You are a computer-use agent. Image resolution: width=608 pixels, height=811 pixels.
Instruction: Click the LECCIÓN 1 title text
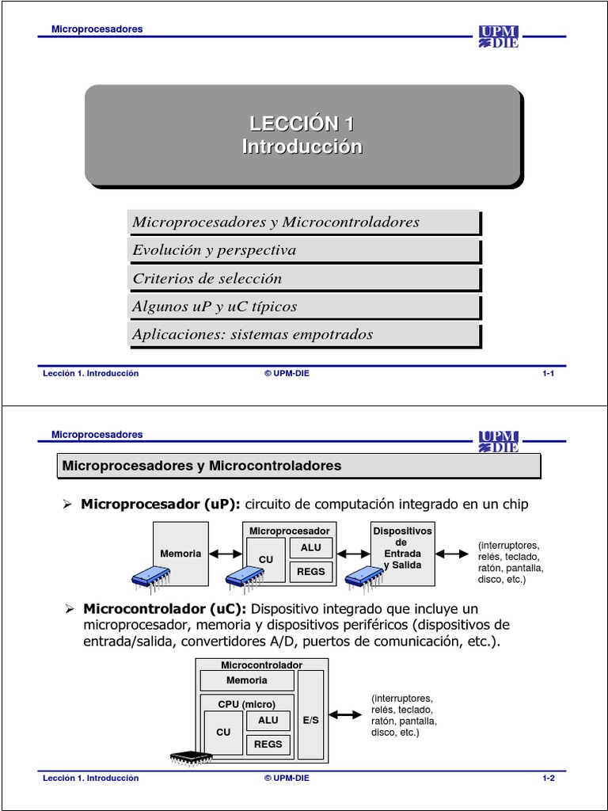(x=302, y=124)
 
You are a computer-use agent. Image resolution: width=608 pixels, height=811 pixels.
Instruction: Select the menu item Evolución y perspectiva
(x=215, y=250)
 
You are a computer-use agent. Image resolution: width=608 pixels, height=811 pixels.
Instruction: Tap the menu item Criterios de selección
(x=207, y=279)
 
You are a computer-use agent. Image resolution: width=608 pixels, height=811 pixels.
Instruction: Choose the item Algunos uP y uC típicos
(x=215, y=307)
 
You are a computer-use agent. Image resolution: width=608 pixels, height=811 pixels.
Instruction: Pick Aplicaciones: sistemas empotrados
(x=253, y=334)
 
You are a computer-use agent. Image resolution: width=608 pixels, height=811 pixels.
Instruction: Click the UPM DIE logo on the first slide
(x=498, y=36)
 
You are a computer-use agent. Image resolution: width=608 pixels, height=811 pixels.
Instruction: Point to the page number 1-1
(x=548, y=374)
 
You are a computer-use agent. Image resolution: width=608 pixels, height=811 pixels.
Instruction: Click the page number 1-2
(x=548, y=779)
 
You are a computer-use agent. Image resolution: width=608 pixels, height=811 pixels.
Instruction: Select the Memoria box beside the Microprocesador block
(x=180, y=554)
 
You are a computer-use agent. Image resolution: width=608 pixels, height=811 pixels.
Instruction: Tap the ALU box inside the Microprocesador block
(x=311, y=547)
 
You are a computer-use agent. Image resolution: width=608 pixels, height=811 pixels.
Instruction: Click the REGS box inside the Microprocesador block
(x=311, y=571)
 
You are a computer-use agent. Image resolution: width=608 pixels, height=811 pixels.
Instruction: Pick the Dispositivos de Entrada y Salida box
(x=402, y=554)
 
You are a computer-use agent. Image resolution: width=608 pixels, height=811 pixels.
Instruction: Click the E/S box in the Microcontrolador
(x=310, y=721)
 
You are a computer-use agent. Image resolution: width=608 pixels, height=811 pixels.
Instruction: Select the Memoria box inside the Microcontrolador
(x=246, y=680)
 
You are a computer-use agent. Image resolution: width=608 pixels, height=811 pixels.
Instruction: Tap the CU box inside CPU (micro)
(x=223, y=733)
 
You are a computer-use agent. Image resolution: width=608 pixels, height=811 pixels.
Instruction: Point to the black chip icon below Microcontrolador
(x=191, y=756)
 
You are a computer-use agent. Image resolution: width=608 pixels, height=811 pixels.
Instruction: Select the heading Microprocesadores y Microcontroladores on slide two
(x=201, y=466)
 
